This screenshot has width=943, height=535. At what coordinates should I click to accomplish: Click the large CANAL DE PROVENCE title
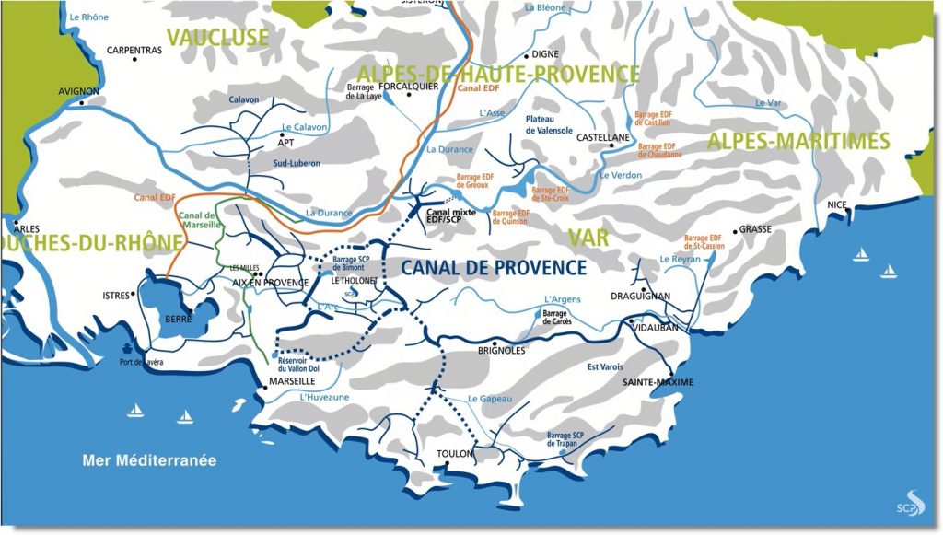pos(493,268)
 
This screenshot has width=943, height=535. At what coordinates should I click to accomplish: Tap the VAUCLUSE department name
pos(217,38)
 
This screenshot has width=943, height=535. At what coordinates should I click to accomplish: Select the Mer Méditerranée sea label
pos(149,459)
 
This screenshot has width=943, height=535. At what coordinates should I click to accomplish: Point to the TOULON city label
pos(456,454)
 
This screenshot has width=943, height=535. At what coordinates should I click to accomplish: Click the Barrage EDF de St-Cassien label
pos(705,241)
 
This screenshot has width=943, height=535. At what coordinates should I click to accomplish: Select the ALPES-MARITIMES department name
pos(797,141)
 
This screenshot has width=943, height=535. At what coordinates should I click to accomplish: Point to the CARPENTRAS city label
pos(134,51)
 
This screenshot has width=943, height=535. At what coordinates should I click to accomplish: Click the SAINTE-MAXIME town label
pos(658,381)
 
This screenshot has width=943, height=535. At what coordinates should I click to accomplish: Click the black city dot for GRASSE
pos(735,231)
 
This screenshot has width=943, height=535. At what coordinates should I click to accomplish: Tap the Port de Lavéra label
pos(141,362)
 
